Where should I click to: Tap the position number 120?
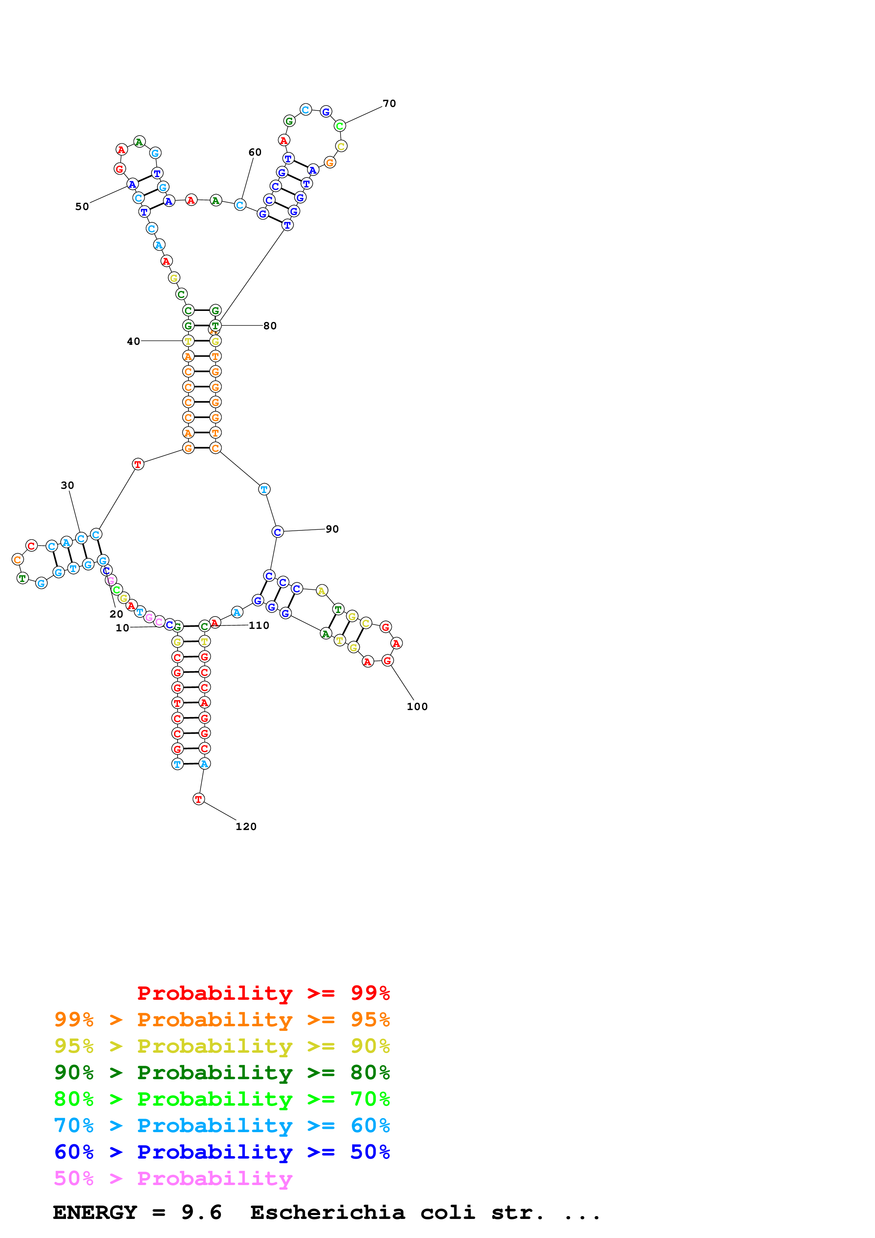[x=246, y=827]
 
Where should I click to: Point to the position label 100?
[x=417, y=707]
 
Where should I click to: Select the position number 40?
[x=133, y=341]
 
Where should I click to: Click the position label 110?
[x=259, y=625]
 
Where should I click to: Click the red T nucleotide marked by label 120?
[x=198, y=799]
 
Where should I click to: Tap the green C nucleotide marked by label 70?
[x=340, y=126]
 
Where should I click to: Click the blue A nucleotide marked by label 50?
[x=132, y=185]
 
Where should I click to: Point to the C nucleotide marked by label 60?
[x=240, y=205]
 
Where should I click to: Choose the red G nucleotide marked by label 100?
[x=387, y=661]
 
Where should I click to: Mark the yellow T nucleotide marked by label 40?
[x=188, y=341]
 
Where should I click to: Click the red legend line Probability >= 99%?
[x=263, y=993]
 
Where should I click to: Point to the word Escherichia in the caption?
[x=327, y=1212]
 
